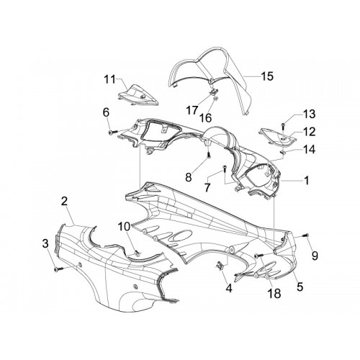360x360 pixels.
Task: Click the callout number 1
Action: tap(306, 180)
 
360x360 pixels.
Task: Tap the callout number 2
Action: tap(64, 202)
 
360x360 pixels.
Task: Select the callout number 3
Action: tap(45, 243)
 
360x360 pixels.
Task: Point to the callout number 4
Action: tap(229, 288)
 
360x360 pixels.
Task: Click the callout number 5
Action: tap(300, 287)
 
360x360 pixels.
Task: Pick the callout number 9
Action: tap(315, 256)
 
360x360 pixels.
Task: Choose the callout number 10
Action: tap(124, 226)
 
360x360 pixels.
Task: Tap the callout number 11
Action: tap(110, 79)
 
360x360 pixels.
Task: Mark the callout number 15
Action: tap(267, 76)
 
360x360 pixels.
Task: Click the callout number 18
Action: tap(274, 293)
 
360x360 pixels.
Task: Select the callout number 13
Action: tap(309, 114)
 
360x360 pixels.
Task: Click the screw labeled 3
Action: tap(58, 270)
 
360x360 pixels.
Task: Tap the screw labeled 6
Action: tap(113, 132)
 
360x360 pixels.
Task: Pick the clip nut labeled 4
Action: tap(220, 266)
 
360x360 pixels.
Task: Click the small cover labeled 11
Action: tap(138, 96)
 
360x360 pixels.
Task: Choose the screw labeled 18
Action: tap(258, 256)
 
